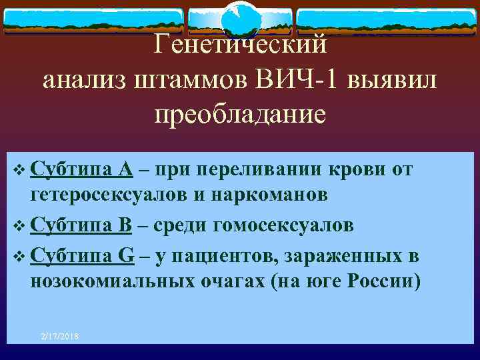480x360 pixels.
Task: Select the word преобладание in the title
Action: pyautogui.click(x=240, y=115)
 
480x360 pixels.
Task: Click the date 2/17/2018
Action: pyautogui.click(x=59, y=337)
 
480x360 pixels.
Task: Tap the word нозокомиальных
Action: pyautogui.click(x=113, y=281)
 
